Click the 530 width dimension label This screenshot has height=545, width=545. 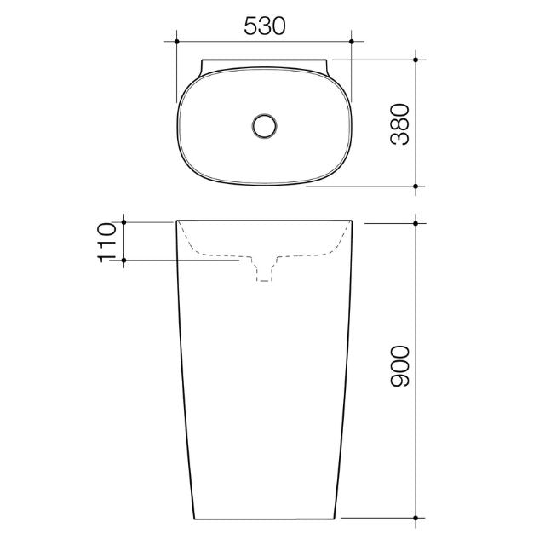click(x=264, y=26)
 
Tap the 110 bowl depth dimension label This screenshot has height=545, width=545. click(x=107, y=241)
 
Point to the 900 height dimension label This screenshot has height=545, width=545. click(x=400, y=366)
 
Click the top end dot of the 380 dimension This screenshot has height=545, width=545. click(x=416, y=60)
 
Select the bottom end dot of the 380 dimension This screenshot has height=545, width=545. click(x=416, y=185)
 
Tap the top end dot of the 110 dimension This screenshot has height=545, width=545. click(x=125, y=222)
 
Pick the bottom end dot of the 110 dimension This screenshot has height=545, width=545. click(x=125, y=259)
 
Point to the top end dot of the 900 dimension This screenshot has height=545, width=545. click(x=416, y=222)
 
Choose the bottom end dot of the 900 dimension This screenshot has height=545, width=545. click(x=416, y=517)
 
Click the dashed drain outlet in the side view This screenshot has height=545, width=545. click(x=265, y=269)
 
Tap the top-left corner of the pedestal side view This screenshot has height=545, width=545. click(x=176, y=222)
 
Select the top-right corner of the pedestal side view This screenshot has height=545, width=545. click(x=352, y=222)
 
